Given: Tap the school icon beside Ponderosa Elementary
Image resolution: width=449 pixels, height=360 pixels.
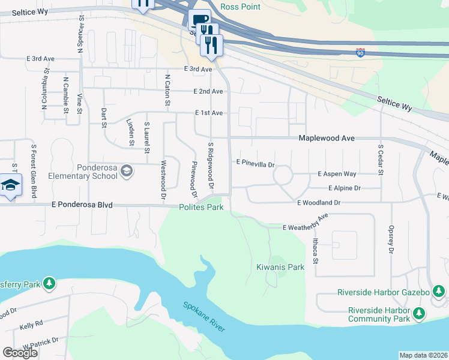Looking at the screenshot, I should point(127,172).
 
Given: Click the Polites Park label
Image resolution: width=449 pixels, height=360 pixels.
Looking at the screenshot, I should point(201,208).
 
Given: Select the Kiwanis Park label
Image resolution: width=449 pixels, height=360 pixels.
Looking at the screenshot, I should point(280,267).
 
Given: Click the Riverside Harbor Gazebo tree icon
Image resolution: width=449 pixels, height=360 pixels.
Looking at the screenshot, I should point(439,292).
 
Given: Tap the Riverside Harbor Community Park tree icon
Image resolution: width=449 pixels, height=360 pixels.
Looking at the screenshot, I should point(419,313).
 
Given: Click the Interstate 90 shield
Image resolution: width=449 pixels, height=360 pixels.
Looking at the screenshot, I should point(360,53).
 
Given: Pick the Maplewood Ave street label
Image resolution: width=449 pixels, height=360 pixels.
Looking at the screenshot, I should point(327,138).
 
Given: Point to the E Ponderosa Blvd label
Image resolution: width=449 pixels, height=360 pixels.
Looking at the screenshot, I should point(82,205).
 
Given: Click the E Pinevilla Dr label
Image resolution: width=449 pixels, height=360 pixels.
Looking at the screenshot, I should point(255,163).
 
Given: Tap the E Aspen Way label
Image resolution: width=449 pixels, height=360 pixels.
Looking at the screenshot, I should point(337,174).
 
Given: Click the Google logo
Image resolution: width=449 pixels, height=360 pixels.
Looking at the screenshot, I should point(20,353).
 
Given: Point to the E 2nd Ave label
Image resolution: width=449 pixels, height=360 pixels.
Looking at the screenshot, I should point(208,91).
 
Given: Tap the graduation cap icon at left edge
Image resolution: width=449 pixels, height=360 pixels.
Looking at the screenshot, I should point(11,185).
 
